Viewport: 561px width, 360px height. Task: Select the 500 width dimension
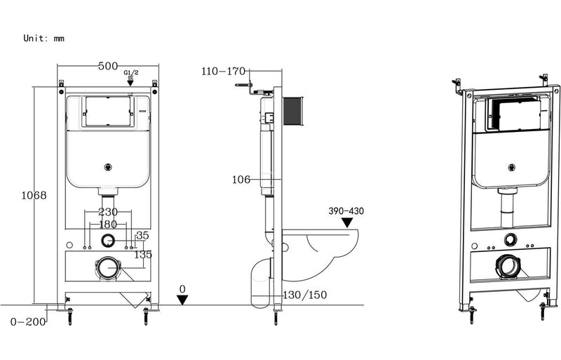107,66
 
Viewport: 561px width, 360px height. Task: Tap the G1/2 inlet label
130,72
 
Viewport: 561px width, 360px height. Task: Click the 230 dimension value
107,211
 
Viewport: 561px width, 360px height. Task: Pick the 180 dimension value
107,224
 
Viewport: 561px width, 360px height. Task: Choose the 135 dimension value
143,254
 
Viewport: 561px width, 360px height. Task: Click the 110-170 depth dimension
224,71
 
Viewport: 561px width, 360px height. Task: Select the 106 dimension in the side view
242,180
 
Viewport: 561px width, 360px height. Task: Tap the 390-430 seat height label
346,211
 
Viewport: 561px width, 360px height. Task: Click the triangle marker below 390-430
346,222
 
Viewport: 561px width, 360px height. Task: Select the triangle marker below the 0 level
182,300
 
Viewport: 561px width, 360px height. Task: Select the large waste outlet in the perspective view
509,266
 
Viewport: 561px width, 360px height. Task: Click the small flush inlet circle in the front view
107,241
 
